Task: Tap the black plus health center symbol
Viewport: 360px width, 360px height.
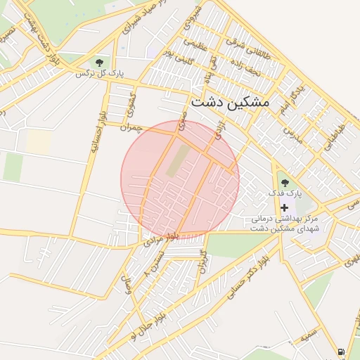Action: (284, 207)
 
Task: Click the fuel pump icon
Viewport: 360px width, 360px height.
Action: (341, 352)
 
